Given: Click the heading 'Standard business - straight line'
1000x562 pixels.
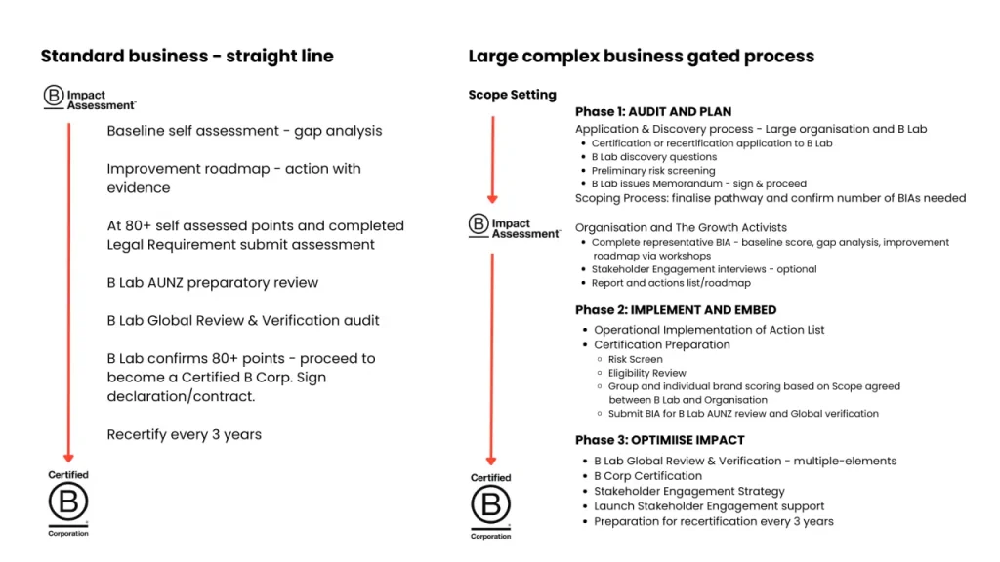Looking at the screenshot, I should pyautogui.click(x=187, y=56).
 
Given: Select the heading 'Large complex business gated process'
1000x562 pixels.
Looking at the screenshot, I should pyautogui.click(x=641, y=56).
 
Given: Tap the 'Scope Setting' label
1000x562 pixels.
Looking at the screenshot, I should pyautogui.click(x=512, y=95).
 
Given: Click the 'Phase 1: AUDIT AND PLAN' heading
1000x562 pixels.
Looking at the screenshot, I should pyautogui.click(x=652, y=112).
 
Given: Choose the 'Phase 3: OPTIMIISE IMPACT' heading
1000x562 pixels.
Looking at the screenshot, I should pyautogui.click(x=659, y=440).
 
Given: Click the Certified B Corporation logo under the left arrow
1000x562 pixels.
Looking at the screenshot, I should pyautogui.click(x=68, y=503).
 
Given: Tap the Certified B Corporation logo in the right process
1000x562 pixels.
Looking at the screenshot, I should pyautogui.click(x=490, y=505).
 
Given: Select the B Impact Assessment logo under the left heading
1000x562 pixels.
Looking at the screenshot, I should pyautogui.click(x=89, y=99).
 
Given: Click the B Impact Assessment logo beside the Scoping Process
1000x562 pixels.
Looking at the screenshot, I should pyautogui.click(x=515, y=227).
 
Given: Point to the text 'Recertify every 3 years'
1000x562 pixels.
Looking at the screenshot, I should pyautogui.click(x=184, y=434).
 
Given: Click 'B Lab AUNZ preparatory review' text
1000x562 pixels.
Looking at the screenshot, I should pyautogui.click(x=212, y=282).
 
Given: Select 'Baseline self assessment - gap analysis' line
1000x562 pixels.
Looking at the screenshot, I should pyautogui.click(x=244, y=131).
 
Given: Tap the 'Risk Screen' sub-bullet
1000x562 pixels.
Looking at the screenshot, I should pyautogui.click(x=635, y=359).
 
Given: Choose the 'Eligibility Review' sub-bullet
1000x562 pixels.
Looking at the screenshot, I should pyautogui.click(x=646, y=373).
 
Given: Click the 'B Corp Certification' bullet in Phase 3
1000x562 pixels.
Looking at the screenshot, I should pyautogui.click(x=647, y=476).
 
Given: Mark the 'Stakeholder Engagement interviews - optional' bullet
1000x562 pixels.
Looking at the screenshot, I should pyautogui.click(x=703, y=269).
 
